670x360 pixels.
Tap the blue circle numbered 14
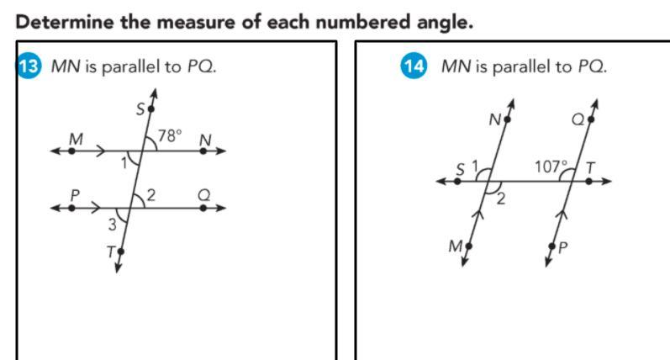coord(414,66)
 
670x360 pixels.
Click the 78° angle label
coord(170,135)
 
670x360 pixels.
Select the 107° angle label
coord(551,167)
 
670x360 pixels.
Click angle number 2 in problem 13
coord(152,195)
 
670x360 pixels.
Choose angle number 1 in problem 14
coord(474,166)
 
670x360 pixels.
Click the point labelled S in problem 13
coord(151,109)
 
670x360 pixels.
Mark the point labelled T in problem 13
coord(121,251)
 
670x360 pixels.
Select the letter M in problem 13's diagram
coord(76,138)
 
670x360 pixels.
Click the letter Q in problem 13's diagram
coord(203,193)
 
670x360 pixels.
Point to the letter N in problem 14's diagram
coord(495,119)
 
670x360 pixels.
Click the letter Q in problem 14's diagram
coord(579,120)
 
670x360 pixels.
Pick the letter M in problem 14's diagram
coord(456,245)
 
